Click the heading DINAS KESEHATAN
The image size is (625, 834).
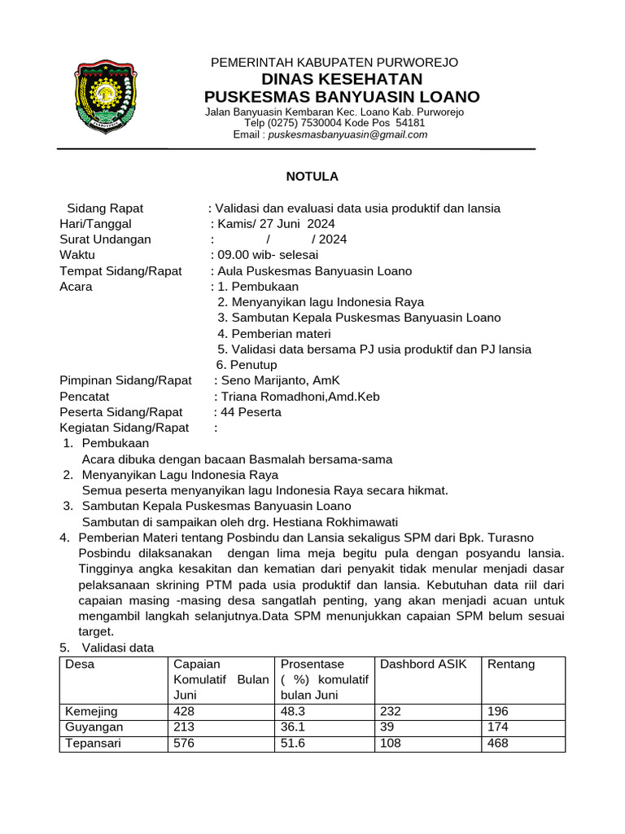pos(341,79)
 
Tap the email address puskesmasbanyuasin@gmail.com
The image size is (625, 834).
pos(347,134)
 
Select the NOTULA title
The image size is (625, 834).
pos(312,176)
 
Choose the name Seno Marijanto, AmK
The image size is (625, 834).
pos(277,380)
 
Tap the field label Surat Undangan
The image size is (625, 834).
pos(105,239)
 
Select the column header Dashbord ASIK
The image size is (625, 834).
pos(423,664)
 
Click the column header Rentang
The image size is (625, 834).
pos(511,664)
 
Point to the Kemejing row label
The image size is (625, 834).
pos(91,711)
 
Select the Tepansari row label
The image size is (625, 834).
pos(94,744)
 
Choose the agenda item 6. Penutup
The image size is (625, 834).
pos(247,365)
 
